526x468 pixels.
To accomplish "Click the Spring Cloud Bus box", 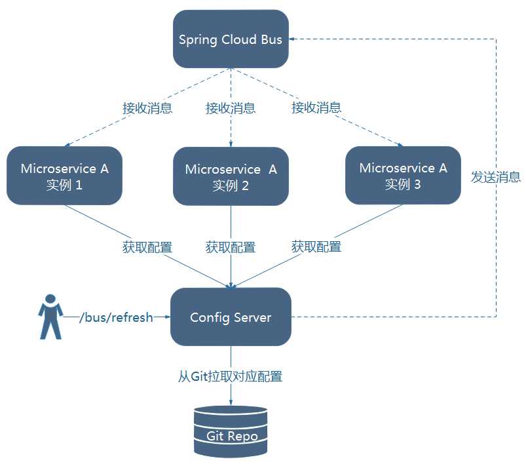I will point(231,39).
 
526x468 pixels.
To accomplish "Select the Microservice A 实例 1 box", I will point(64,176).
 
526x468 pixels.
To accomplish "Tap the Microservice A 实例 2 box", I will point(231,176).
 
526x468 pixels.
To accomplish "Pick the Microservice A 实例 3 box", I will point(403,175).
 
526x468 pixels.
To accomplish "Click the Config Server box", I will point(231,317).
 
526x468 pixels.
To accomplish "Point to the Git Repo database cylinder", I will point(231,431).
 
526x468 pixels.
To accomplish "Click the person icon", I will point(50,317).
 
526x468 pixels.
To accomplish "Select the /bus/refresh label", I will point(116,318).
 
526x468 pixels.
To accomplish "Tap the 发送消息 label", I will point(496,177).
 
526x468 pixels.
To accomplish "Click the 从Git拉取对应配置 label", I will point(231,377).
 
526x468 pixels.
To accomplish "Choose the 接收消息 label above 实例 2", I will point(231,108).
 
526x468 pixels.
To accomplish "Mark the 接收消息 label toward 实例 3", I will point(316,108).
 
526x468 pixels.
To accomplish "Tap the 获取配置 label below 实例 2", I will point(231,247).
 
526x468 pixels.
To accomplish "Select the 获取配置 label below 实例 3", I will point(316,247).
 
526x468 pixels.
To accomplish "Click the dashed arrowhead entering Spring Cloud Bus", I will point(293,39).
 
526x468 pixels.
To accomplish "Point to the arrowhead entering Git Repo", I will point(231,402).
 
